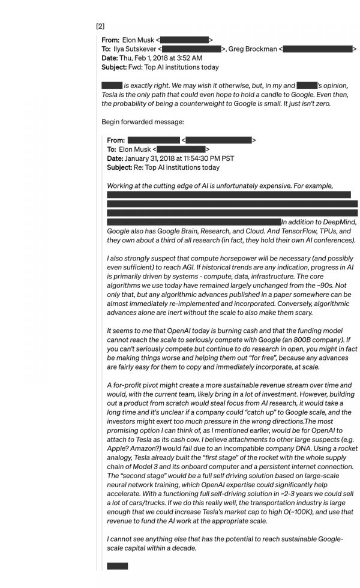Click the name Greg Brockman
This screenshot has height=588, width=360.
click(254, 49)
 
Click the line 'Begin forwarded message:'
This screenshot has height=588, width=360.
click(143, 122)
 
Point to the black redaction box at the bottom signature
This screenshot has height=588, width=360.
click(117, 566)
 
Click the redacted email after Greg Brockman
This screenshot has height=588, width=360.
click(317, 49)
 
